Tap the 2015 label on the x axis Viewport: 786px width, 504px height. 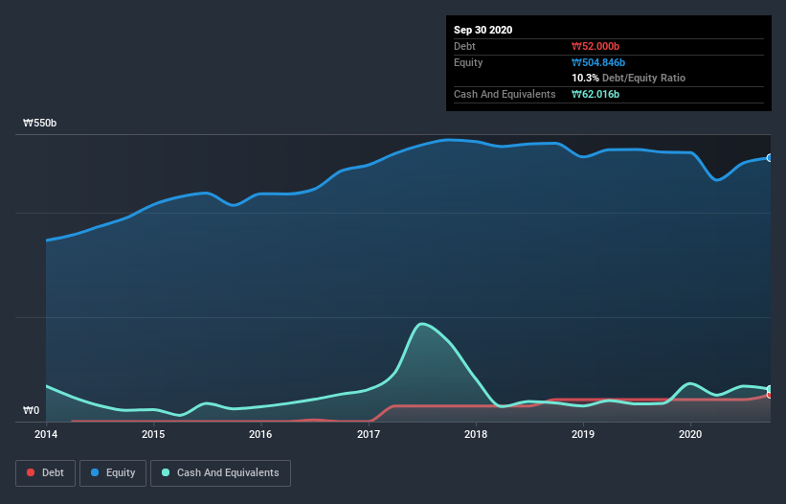click(x=153, y=434)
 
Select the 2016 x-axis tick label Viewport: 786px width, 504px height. click(x=260, y=434)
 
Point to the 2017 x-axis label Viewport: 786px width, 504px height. click(x=369, y=434)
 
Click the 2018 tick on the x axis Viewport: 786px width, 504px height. click(x=476, y=434)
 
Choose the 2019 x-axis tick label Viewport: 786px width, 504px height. click(x=583, y=434)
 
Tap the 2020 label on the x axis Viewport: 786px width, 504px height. click(x=690, y=434)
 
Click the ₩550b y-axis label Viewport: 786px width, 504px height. click(x=40, y=124)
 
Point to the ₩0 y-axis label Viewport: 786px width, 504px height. click(x=32, y=411)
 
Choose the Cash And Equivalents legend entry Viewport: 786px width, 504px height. click(x=220, y=472)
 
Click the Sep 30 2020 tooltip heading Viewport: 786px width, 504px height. click(x=483, y=30)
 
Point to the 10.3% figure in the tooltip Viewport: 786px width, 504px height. click(x=585, y=78)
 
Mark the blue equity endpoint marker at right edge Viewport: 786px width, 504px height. click(x=770, y=157)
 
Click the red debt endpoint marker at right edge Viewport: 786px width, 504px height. click(x=770, y=394)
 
